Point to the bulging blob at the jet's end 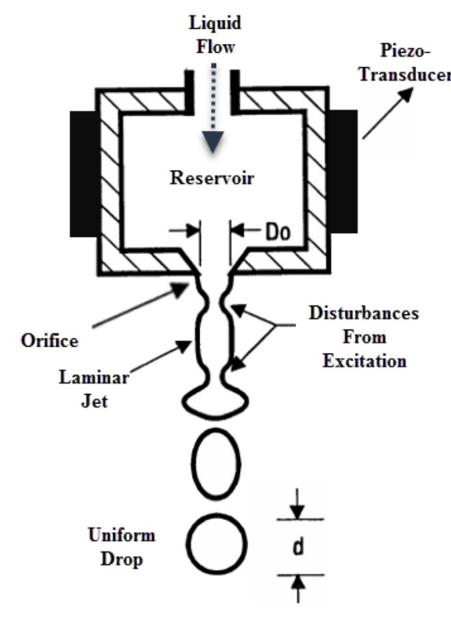pos(214,399)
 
